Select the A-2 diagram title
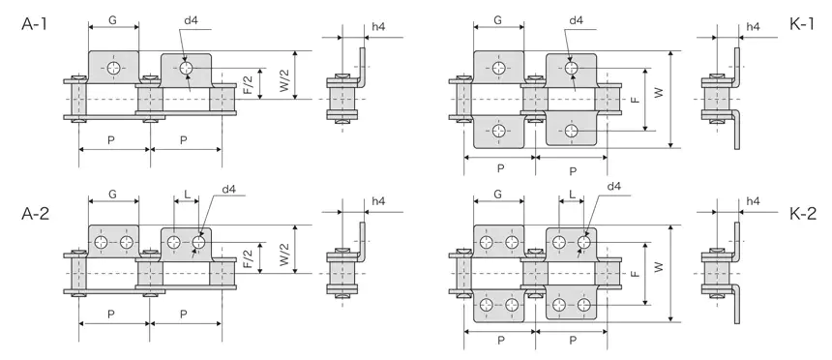[x=36, y=213]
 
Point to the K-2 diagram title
[x=802, y=213]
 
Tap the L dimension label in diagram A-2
[x=186, y=195]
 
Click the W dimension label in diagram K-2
[x=660, y=265]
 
